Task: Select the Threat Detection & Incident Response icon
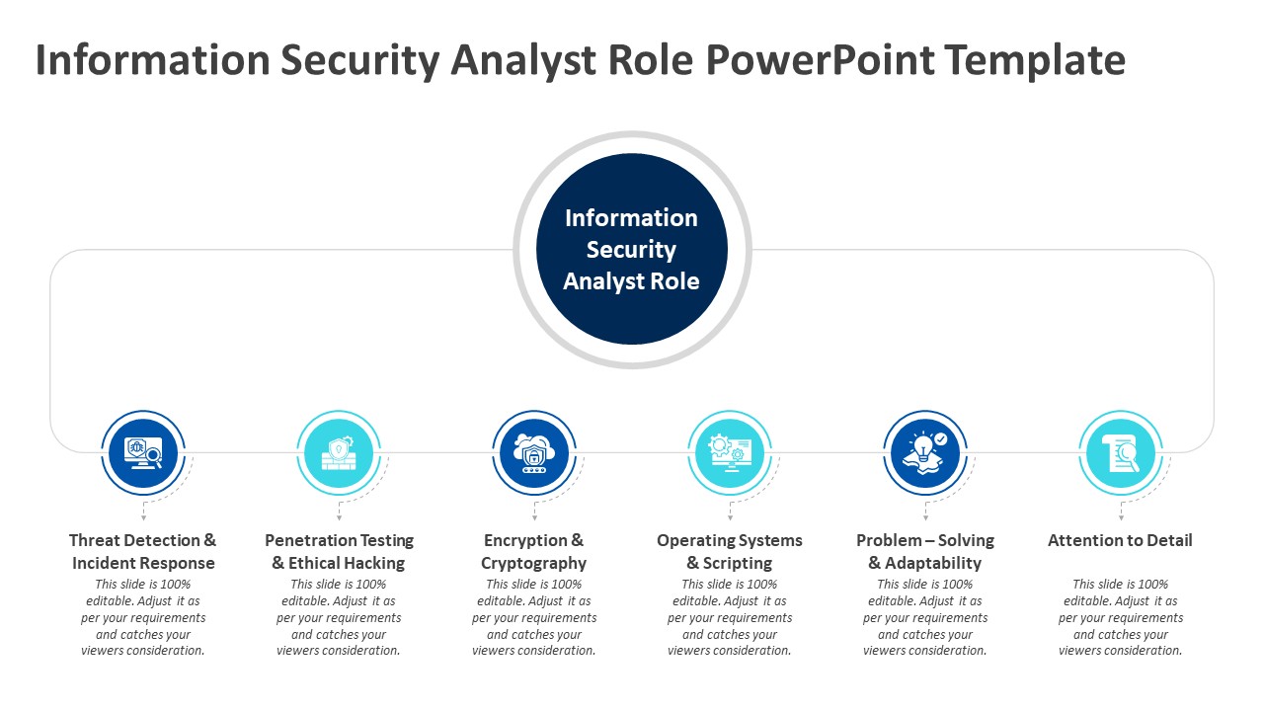143,453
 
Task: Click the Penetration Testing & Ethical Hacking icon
339,453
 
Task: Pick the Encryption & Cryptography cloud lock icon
534,453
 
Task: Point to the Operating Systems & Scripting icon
730,453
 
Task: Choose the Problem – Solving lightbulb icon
925,453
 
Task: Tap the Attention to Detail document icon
1121,453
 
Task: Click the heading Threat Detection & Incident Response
143,552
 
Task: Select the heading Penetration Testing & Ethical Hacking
339,552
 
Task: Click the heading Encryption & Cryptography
534,552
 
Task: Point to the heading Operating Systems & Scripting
730,552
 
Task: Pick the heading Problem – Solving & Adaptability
925,552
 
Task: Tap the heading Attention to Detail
1120,540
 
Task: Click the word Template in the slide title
1035,60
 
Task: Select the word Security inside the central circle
631,250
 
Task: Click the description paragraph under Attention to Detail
1121,617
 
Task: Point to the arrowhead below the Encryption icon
534,517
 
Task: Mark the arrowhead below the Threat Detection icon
143,517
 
